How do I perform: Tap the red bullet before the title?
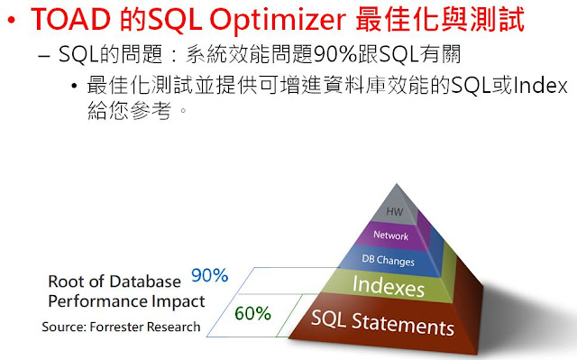(x=15, y=22)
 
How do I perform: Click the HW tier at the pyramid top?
(x=392, y=212)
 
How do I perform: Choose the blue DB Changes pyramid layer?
(x=388, y=262)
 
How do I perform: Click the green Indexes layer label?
(x=389, y=288)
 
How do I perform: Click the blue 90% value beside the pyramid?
(x=209, y=275)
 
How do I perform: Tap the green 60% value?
(x=252, y=314)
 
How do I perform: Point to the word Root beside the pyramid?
(x=66, y=280)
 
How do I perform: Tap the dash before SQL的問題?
(x=47, y=54)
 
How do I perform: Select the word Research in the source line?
(x=178, y=327)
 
